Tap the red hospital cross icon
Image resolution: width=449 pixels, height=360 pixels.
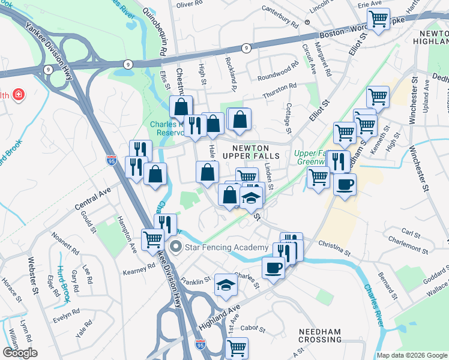[x=19, y=95]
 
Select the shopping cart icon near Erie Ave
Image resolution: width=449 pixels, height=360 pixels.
[x=378, y=19]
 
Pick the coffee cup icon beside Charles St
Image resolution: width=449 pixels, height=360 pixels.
[x=273, y=268]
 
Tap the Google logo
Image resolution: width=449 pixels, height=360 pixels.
[x=19, y=353]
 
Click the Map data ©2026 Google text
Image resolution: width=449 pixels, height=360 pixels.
[x=411, y=355]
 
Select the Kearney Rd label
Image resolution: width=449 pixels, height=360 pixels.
[x=139, y=268]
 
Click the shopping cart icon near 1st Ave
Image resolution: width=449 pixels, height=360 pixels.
[x=237, y=347]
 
